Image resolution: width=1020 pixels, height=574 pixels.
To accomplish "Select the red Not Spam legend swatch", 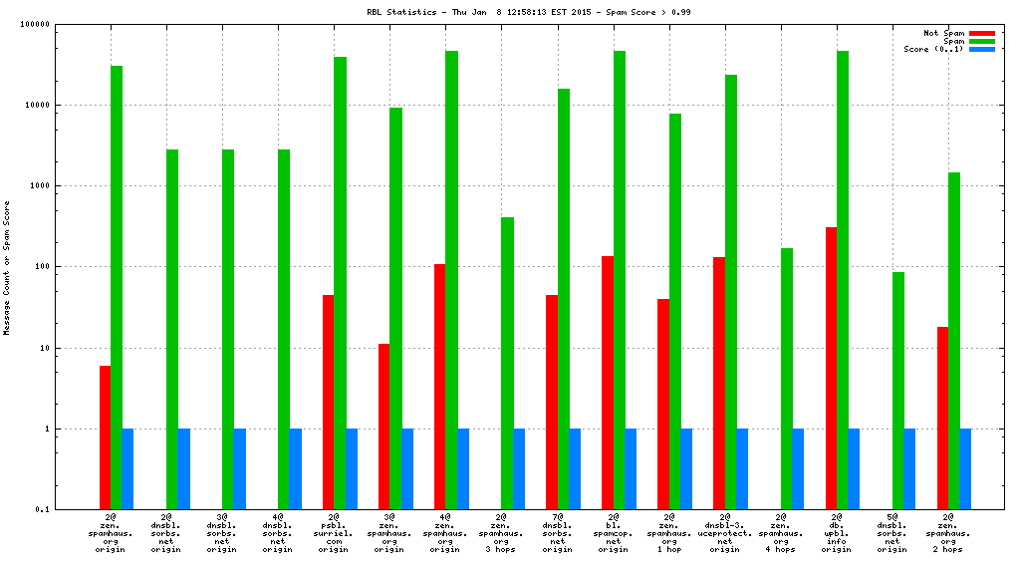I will tap(981, 33).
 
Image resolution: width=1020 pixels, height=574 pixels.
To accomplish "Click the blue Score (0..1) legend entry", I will tap(981, 49).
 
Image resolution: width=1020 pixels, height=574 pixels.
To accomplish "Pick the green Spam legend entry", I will tap(981, 41).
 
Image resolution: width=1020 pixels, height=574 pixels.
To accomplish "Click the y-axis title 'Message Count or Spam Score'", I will tap(7, 267).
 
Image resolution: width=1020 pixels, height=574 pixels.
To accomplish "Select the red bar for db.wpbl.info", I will tap(831, 368).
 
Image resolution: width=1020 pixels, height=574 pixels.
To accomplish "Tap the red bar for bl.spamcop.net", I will tap(608, 383).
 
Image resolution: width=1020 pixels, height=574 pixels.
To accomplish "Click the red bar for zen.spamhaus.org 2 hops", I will tap(942, 418).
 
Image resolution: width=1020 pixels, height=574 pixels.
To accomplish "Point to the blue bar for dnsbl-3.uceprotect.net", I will tap(741, 468).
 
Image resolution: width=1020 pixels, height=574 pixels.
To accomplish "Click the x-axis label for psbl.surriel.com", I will tap(335, 533).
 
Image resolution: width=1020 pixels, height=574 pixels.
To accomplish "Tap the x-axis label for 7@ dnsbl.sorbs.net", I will tap(558, 533).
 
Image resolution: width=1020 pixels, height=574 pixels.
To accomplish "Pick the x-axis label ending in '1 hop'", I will tap(669, 533).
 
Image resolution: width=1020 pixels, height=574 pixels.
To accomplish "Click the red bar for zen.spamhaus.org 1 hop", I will tap(663, 404).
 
